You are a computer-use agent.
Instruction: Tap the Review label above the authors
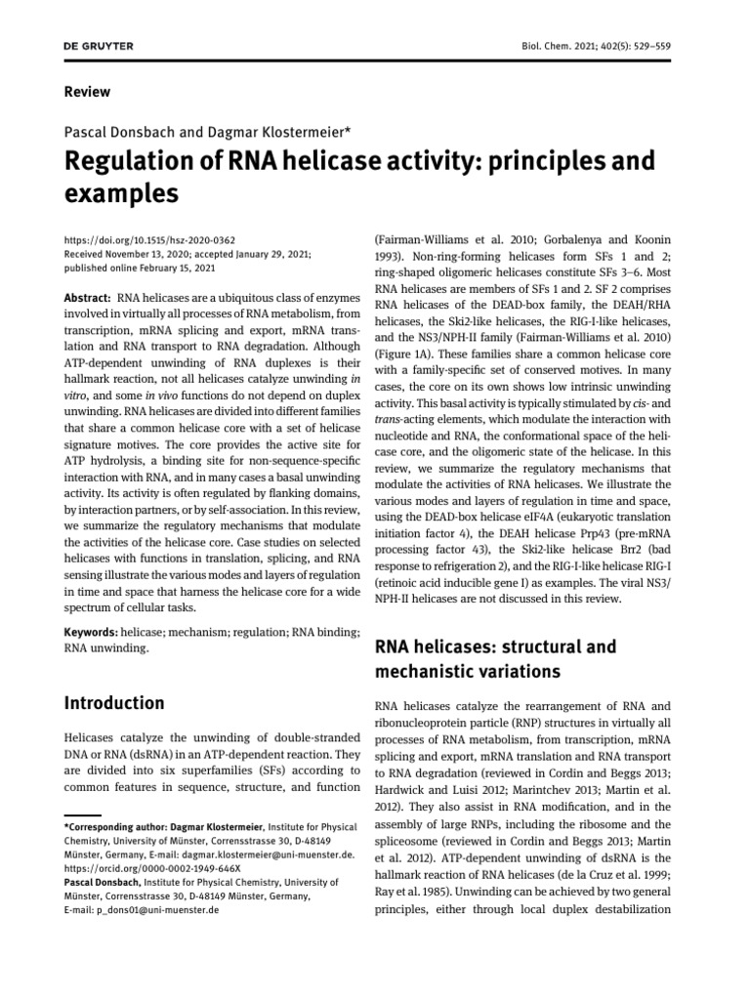click(87, 92)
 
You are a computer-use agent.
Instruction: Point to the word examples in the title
click(121, 193)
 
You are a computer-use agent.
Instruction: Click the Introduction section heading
click(114, 702)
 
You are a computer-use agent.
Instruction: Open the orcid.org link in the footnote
click(151, 867)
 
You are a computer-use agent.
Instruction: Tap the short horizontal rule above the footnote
click(83, 813)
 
